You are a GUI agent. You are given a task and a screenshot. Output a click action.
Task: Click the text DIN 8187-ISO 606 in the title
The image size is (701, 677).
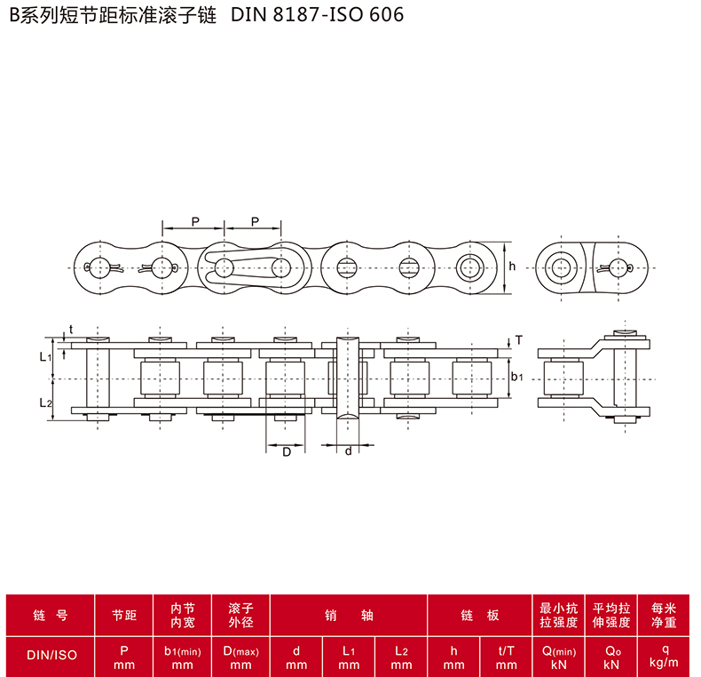[x=317, y=15]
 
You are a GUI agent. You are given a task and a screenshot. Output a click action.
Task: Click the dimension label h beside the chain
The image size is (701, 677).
[x=512, y=267]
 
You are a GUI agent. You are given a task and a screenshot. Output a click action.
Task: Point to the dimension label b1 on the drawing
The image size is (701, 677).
[x=516, y=377]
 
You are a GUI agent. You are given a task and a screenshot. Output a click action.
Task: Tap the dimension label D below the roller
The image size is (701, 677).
[x=287, y=452]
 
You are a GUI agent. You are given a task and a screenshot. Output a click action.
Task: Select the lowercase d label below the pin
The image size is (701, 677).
[x=348, y=450]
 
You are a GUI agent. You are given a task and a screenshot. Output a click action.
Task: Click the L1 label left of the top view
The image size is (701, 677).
[x=45, y=357]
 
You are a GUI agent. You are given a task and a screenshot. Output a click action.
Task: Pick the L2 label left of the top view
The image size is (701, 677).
[x=45, y=403]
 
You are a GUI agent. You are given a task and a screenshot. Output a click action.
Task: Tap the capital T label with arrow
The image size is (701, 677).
[x=518, y=340]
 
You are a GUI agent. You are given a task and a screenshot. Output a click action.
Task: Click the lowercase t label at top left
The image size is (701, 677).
[x=71, y=330]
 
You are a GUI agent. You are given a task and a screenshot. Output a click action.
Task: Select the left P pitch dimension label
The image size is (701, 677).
[x=195, y=221]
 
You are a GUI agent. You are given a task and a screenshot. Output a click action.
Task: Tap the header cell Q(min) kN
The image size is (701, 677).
[x=559, y=657]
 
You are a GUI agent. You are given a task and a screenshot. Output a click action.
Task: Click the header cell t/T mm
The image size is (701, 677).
[x=506, y=657]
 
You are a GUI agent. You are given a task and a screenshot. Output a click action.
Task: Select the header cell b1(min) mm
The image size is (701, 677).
[x=183, y=657]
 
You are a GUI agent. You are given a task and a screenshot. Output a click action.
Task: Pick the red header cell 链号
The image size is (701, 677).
[x=50, y=615]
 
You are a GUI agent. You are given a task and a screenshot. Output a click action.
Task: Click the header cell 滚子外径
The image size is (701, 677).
[x=241, y=615]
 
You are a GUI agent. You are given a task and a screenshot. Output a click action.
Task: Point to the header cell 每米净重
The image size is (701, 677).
[x=664, y=615]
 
